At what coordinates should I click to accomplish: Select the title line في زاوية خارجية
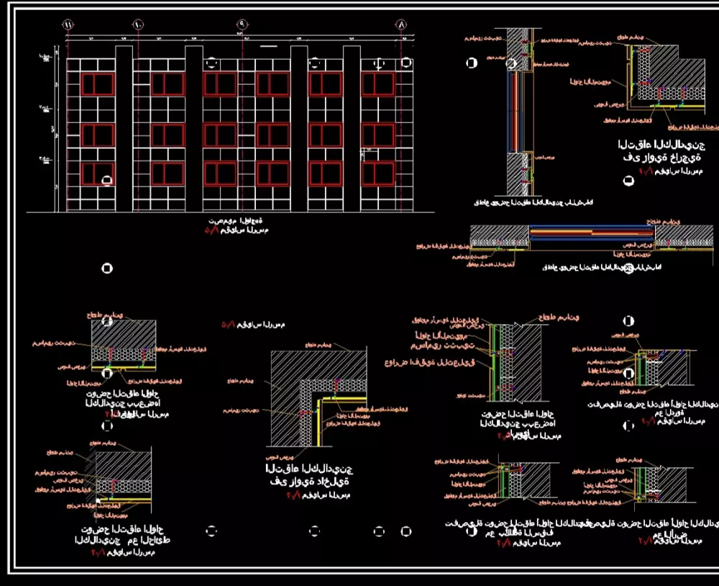[661, 158]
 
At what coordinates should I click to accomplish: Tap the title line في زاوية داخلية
[308, 482]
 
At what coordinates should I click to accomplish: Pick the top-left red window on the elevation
[98, 84]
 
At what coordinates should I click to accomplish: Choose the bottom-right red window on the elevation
[377, 173]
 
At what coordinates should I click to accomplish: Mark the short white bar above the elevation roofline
[267, 46]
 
